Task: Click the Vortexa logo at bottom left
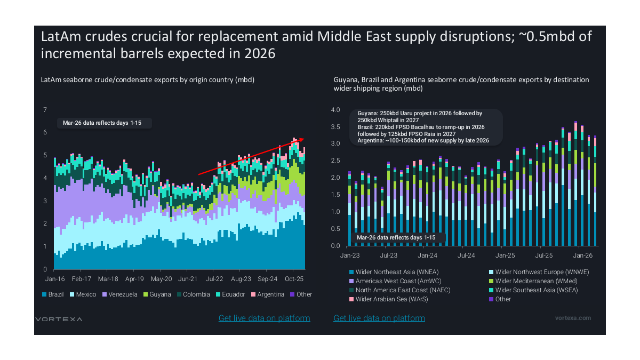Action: [59, 319]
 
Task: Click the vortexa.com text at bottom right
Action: [573, 318]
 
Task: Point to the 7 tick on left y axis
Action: [45, 110]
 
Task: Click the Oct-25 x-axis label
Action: [294, 279]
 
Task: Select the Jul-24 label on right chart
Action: [466, 256]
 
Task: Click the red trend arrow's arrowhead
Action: [302, 140]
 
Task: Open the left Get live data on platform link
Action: [264, 318]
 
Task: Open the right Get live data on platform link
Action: [379, 318]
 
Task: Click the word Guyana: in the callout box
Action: [369, 114]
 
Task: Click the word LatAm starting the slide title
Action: [60, 37]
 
